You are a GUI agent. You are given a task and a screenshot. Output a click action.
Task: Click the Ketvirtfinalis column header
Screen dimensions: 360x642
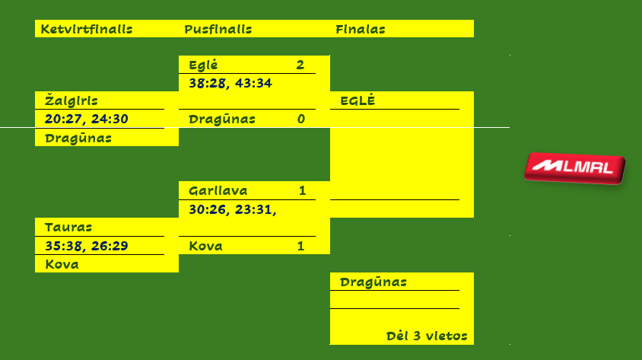tap(87, 30)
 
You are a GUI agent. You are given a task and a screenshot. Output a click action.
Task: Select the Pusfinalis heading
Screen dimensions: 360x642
tap(218, 30)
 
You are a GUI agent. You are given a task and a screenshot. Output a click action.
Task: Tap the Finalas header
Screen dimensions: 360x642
tap(360, 30)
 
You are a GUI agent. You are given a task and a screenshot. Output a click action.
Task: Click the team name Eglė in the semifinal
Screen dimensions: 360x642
tap(203, 65)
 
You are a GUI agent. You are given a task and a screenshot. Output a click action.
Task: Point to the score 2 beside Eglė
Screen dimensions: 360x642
tap(300, 65)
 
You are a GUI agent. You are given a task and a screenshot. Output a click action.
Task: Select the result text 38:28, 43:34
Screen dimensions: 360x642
tap(230, 82)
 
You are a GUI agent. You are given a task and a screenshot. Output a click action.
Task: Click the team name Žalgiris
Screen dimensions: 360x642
tap(71, 100)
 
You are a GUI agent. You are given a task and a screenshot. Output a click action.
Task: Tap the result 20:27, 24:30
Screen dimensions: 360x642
tap(86, 119)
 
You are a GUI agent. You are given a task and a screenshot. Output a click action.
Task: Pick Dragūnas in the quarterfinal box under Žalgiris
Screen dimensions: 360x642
tap(78, 138)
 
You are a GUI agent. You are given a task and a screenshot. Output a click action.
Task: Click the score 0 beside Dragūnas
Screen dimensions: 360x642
tap(300, 119)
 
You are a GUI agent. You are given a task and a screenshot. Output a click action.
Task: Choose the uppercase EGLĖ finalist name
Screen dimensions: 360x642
tap(358, 100)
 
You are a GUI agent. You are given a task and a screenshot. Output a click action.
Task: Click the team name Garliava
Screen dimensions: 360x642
tap(218, 190)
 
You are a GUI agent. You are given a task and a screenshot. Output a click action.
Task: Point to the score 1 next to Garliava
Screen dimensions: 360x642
tap(302, 190)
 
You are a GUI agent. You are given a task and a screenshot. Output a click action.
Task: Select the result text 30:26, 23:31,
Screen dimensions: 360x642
tap(232, 209)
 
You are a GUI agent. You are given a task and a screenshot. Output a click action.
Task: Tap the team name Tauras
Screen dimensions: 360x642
tap(68, 227)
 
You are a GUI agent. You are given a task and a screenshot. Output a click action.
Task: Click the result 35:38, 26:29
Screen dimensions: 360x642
tap(86, 245)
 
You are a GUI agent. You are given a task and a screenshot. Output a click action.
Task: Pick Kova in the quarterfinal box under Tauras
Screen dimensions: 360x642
tap(62, 264)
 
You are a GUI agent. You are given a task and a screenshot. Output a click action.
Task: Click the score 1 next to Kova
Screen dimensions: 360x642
tap(300, 246)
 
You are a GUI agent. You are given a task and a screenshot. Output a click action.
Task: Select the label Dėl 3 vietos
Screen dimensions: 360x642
tap(426, 336)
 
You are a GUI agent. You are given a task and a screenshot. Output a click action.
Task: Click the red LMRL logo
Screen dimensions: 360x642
tap(574, 167)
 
